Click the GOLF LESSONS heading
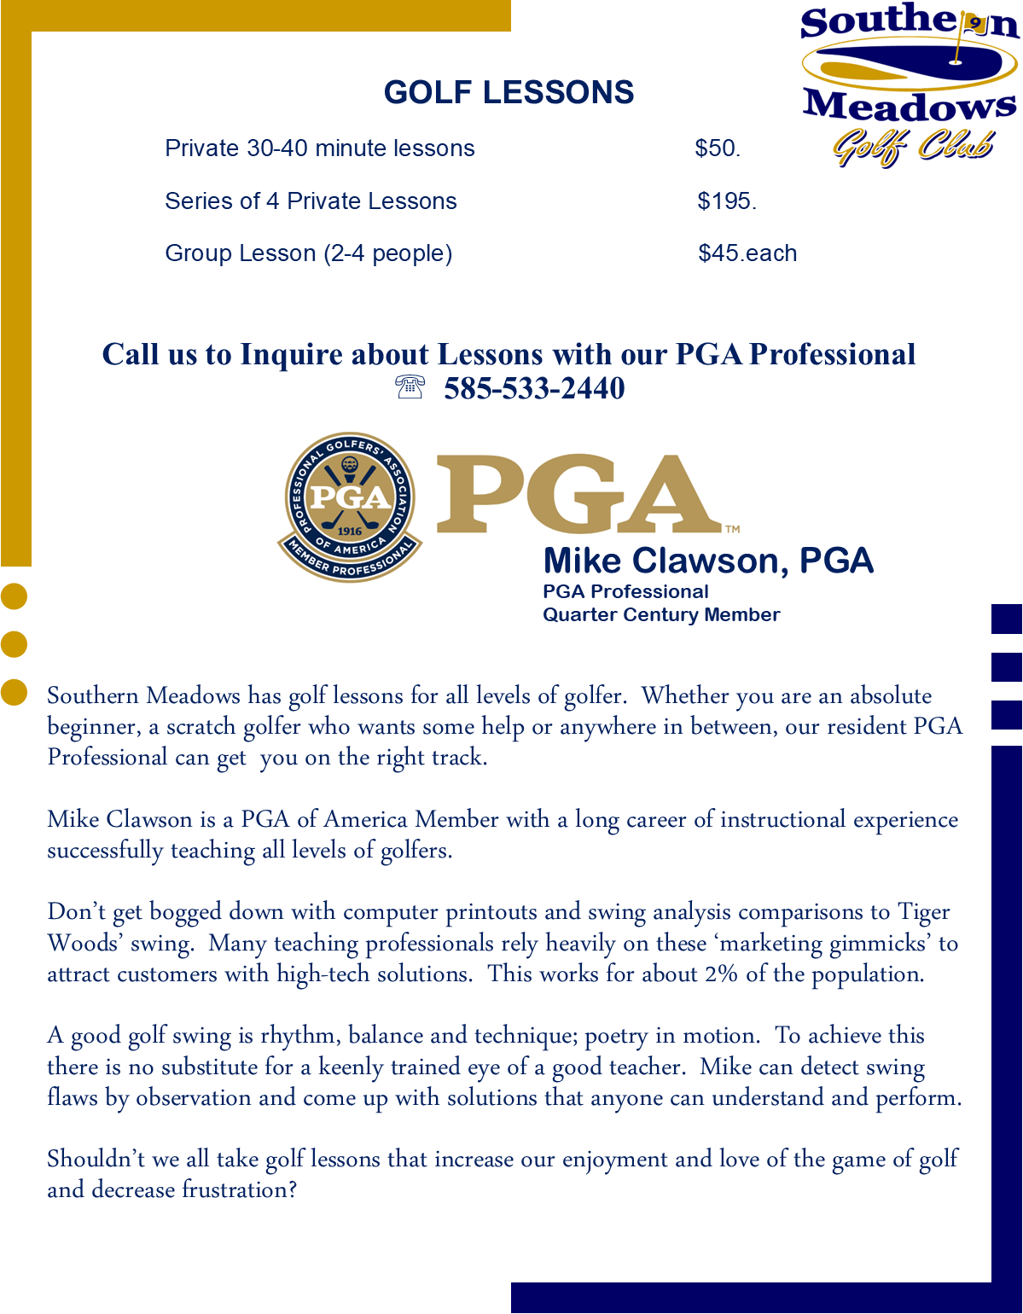click(509, 92)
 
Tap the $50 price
click(716, 148)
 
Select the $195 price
click(725, 201)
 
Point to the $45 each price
click(747, 253)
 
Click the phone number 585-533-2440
click(534, 389)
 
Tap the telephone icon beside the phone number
click(410, 387)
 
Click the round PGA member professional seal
click(350, 507)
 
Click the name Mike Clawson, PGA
click(708, 561)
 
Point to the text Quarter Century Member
click(661, 614)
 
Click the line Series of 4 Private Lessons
click(311, 201)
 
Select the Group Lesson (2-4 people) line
click(308, 253)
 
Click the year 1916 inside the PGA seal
click(350, 531)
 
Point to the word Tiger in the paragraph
click(923, 912)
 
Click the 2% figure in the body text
click(721, 974)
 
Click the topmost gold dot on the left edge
click(14, 596)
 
